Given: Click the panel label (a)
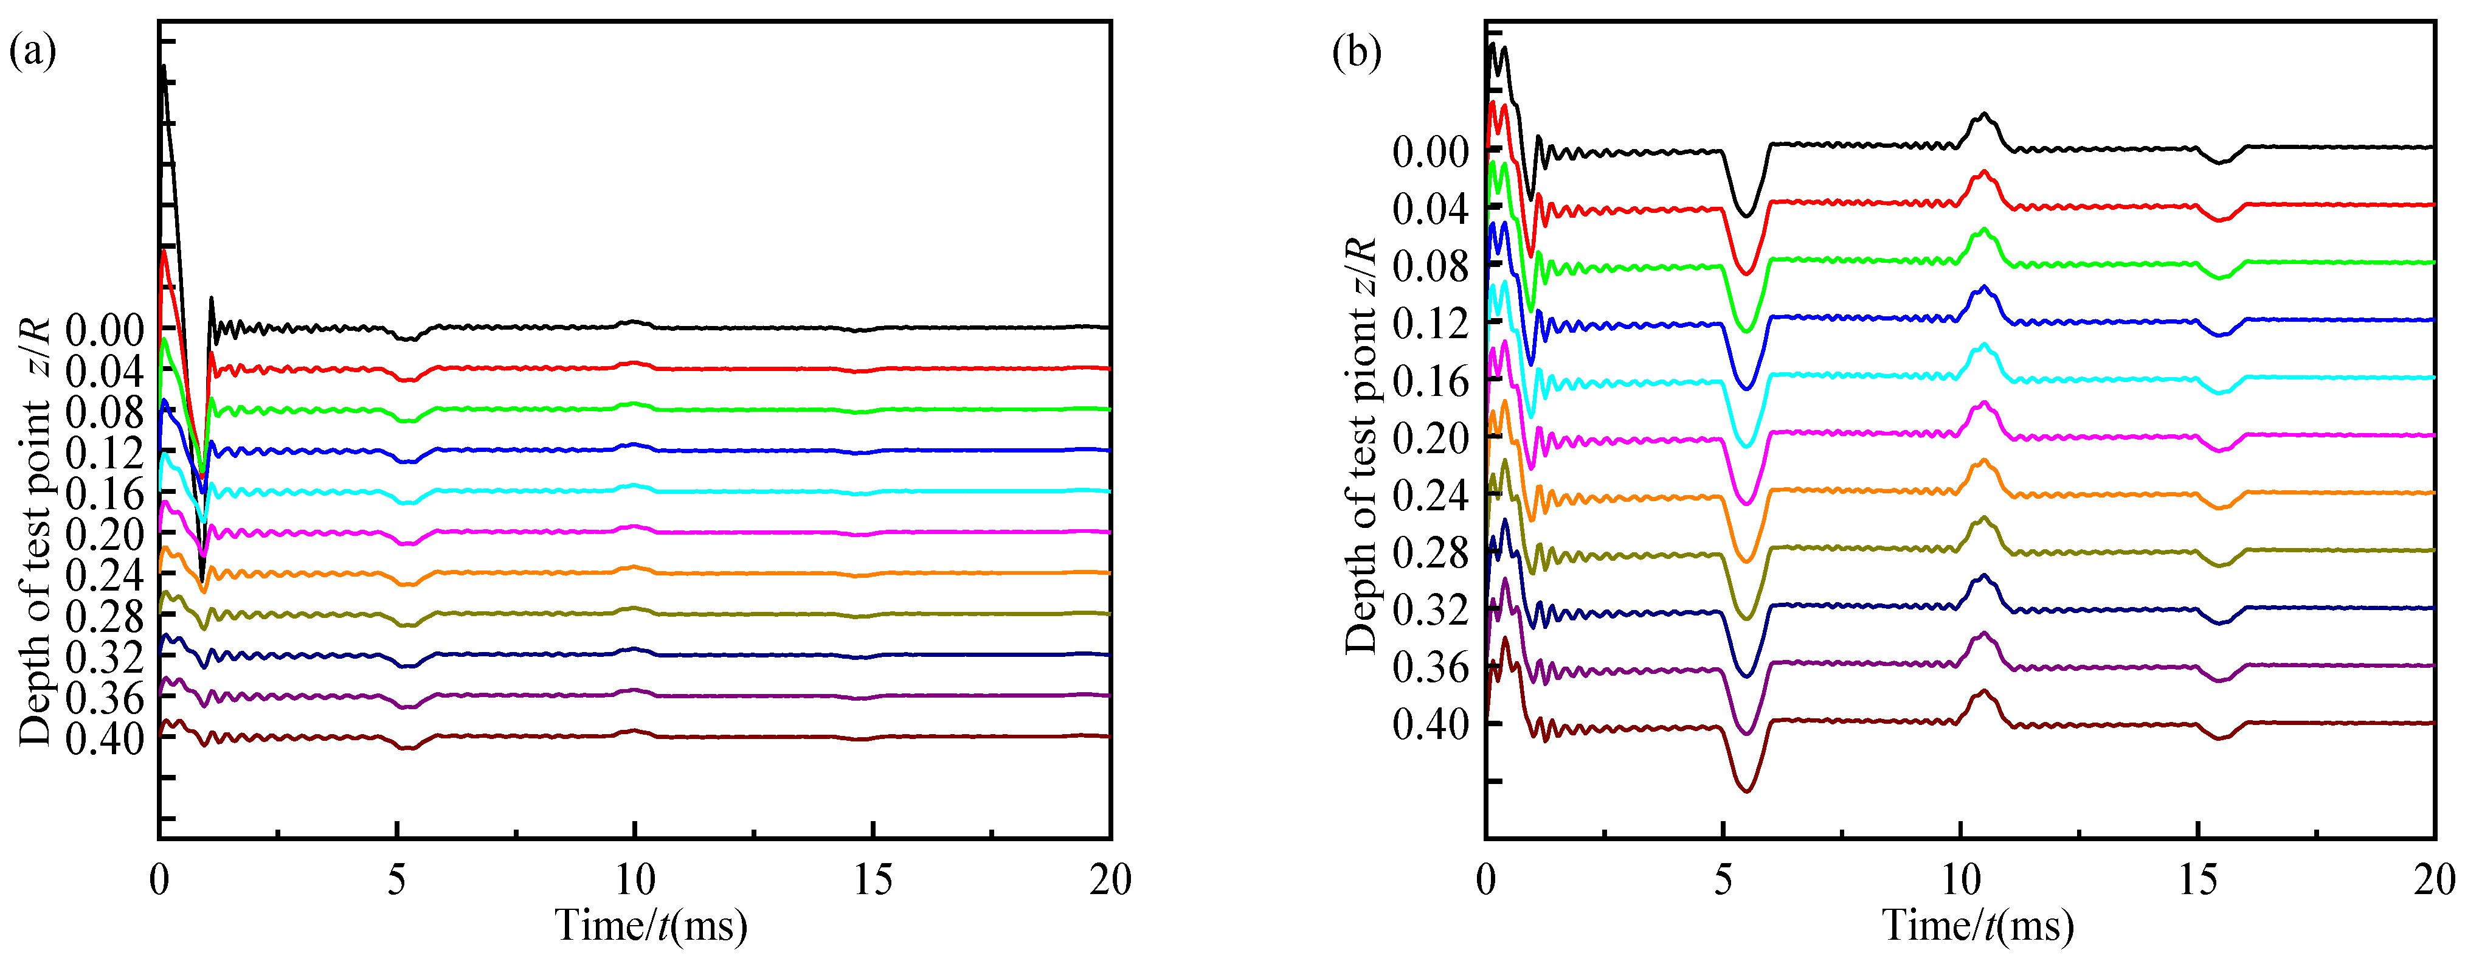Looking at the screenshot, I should (33, 50).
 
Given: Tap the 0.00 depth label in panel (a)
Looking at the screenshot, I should (105, 331).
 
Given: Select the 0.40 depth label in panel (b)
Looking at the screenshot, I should (1430, 724).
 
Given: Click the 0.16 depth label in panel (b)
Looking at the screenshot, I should (1430, 381).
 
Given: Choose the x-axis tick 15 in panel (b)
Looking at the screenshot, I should (2198, 879).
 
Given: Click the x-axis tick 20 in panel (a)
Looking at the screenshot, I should (1110, 879).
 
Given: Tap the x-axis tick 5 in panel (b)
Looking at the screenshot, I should (1723, 879).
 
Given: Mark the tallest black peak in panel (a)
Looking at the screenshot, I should (164, 67).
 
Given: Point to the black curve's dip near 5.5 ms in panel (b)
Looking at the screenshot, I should (1746, 215).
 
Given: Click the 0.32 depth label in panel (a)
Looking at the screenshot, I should (105, 657).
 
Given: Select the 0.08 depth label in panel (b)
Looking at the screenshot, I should (1430, 266).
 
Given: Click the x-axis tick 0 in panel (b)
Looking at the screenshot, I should (1486, 879).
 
